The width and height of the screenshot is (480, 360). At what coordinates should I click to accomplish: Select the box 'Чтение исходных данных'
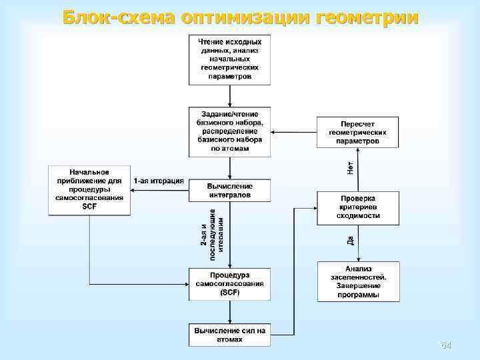pyautogui.click(x=229, y=59)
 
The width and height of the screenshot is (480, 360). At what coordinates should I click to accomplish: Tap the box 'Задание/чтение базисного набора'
pyautogui.click(x=229, y=131)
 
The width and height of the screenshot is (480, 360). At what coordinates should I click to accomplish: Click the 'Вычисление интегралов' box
pyautogui.click(x=229, y=191)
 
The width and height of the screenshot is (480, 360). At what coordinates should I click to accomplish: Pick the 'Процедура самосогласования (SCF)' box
pyautogui.click(x=229, y=284)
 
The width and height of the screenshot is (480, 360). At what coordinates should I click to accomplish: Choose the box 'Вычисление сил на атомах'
pyautogui.click(x=229, y=335)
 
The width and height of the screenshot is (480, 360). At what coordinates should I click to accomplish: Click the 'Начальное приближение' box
pyautogui.click(x=89, y=190)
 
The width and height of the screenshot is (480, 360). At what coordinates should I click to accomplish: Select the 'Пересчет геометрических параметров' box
pyautogui.click(x=357, y=133)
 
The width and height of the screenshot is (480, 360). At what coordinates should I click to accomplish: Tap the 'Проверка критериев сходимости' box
pyautogui.click(x=357, y=207)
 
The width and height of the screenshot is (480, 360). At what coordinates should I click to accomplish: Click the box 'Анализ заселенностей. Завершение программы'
pyautogui.click(x=357, y=281)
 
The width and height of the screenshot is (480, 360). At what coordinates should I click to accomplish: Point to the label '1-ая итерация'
pyautogui.click(x=158, y=181)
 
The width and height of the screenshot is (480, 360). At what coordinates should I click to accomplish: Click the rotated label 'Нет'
pyautogui.click(x=350, y=167)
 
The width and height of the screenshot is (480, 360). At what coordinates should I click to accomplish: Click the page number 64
pyautogui.click(x=446, y=345)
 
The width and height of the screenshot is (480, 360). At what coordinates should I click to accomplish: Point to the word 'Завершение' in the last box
pyautogui.click(x=357, y=285)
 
